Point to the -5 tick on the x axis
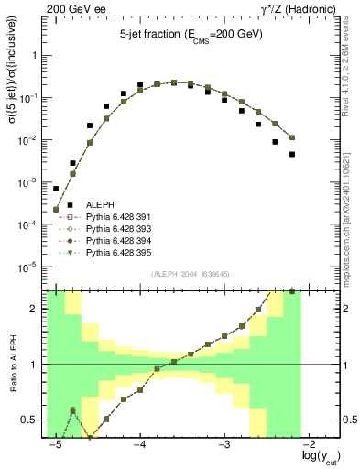pyautogui.click(x=56, y=444)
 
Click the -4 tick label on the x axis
pyautogui.click(x=140, y=444)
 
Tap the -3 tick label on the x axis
pyautogui.click(x=224, y=444)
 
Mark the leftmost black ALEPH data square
pyautogui.click(x=56, y=189)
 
